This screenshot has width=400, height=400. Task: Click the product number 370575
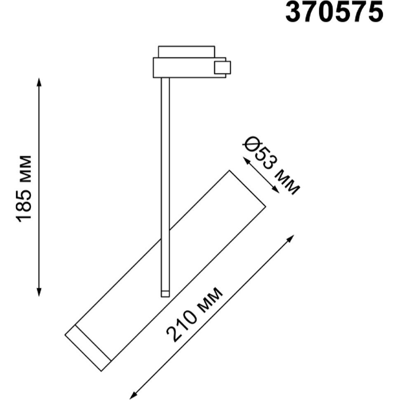[x=334, y=12]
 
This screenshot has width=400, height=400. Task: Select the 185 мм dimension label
[x=24, y=188]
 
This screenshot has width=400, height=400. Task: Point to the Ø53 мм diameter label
[x=271, y=165]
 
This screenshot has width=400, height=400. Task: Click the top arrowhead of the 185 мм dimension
[x=39, y=82]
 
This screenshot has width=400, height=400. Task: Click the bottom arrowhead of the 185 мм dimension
[x=39, y=292]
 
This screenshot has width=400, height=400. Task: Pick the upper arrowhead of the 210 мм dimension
[x=291, y=238]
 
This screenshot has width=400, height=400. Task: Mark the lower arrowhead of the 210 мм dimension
[x=133, y=395]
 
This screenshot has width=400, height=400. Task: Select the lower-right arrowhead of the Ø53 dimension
[x=275, y=189]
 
